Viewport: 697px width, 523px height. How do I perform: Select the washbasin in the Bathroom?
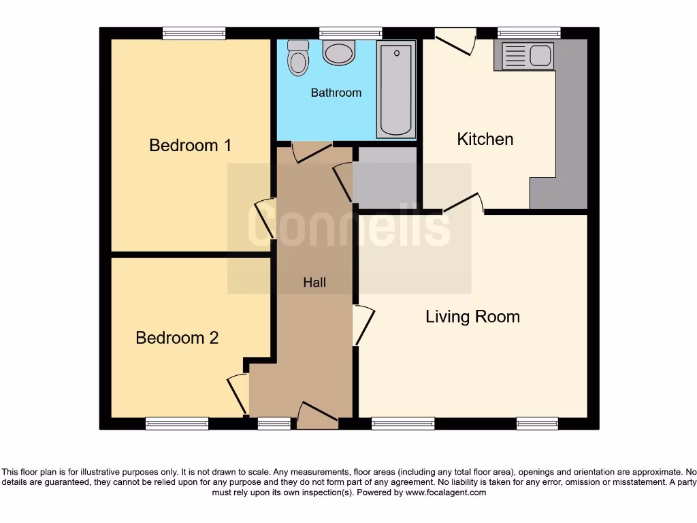[338, 52]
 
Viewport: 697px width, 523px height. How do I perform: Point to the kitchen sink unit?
[528, 56]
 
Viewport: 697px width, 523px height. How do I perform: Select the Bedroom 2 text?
[177, 338]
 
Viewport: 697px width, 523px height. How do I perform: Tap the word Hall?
[314, 283]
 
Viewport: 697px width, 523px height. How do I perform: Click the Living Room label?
[472, 317]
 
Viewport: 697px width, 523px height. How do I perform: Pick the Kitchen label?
[485, 140]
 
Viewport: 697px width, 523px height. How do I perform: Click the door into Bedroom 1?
[266, 219]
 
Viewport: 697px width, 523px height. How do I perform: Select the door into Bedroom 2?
[238, 394]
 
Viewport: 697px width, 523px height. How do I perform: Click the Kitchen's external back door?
[455, 40]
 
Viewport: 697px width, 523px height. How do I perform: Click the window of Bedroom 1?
[194, 33]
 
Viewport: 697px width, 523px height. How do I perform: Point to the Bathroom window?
[351, 33]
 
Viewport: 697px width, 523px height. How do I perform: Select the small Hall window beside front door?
[274, 424]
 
